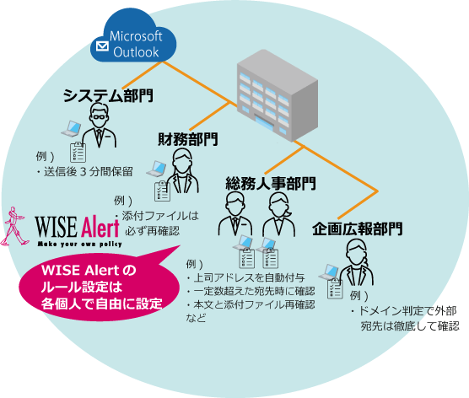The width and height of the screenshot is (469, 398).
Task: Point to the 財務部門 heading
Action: point(187,138)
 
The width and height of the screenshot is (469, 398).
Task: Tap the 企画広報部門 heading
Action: point(357,229)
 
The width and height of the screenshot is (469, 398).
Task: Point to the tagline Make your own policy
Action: point(81,244)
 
